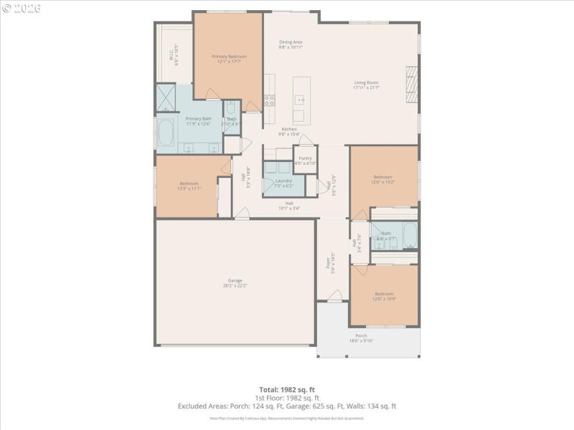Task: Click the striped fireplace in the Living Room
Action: coord(411,85)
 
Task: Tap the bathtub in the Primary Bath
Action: coord(165,134)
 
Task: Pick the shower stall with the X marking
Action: coord(166,95)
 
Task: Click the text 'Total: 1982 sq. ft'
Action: coord(287,389)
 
